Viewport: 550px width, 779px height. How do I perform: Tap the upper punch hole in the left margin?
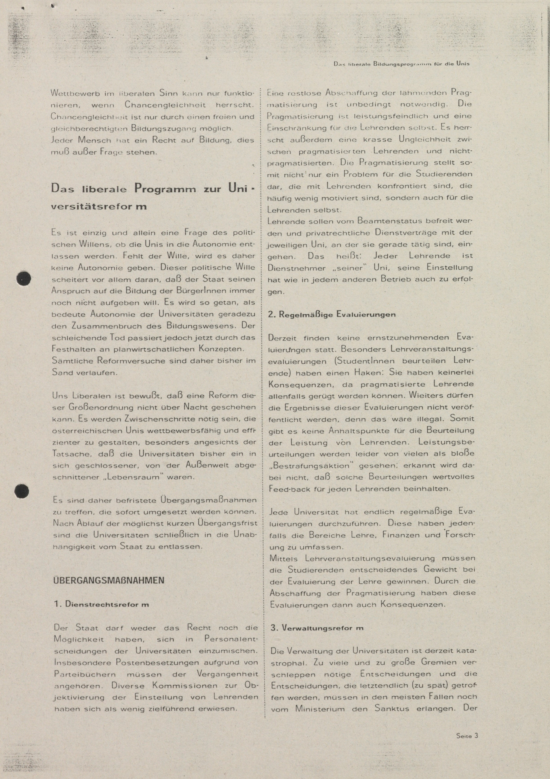[24, 279]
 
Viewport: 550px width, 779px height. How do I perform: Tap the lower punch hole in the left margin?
[22, 491]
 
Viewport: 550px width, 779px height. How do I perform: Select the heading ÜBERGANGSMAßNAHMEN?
[109, 580]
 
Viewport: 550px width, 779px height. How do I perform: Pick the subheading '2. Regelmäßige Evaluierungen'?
[332, 314]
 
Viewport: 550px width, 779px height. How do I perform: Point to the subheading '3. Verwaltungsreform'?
[317, 628]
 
